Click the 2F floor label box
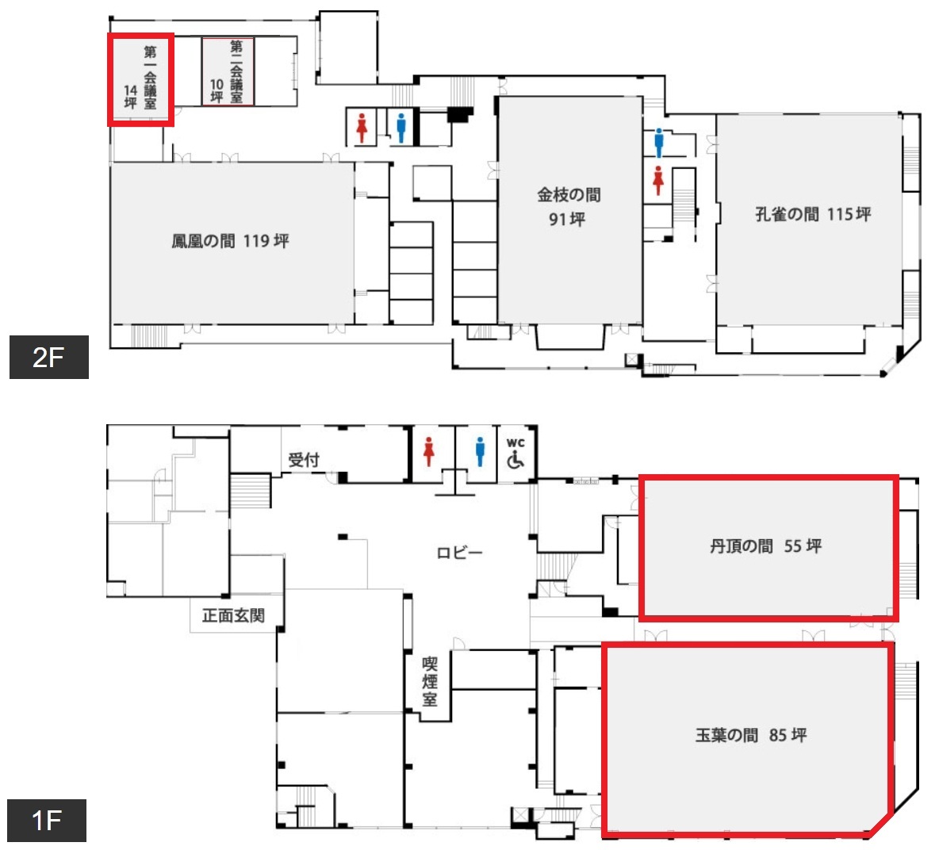coord(49,357)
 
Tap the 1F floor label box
coord(47,820)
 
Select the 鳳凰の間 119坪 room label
coord(231,241)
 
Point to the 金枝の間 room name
coord(569,194)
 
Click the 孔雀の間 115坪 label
coord(813,214)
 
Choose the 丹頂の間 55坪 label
coord(766,546)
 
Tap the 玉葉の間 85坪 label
coord(751,734)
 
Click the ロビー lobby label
coord(459,553)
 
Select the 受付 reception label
coord(304,460)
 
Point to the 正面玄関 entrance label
coord(233,615)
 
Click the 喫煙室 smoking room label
coord(430,681)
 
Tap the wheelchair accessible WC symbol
coord(515,453)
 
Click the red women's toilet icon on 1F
coord(429,452)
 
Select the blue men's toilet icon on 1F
coord(480,452)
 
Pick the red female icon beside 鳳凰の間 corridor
coord(362,128)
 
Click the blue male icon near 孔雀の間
coord(659,143)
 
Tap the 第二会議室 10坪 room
coord(228,72)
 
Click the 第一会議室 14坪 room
coord(140,79)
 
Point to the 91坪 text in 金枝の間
coord(567,219)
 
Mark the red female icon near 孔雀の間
coord(658,180)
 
